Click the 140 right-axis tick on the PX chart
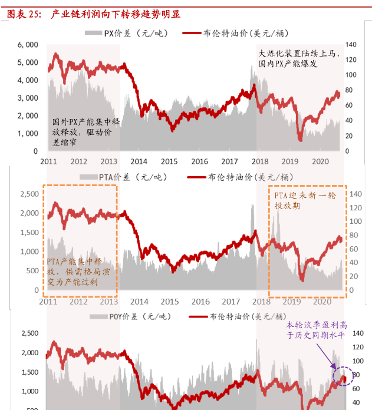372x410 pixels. (351, 45)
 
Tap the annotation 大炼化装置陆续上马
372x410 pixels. (297, 54)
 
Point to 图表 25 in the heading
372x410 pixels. (22, 14)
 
